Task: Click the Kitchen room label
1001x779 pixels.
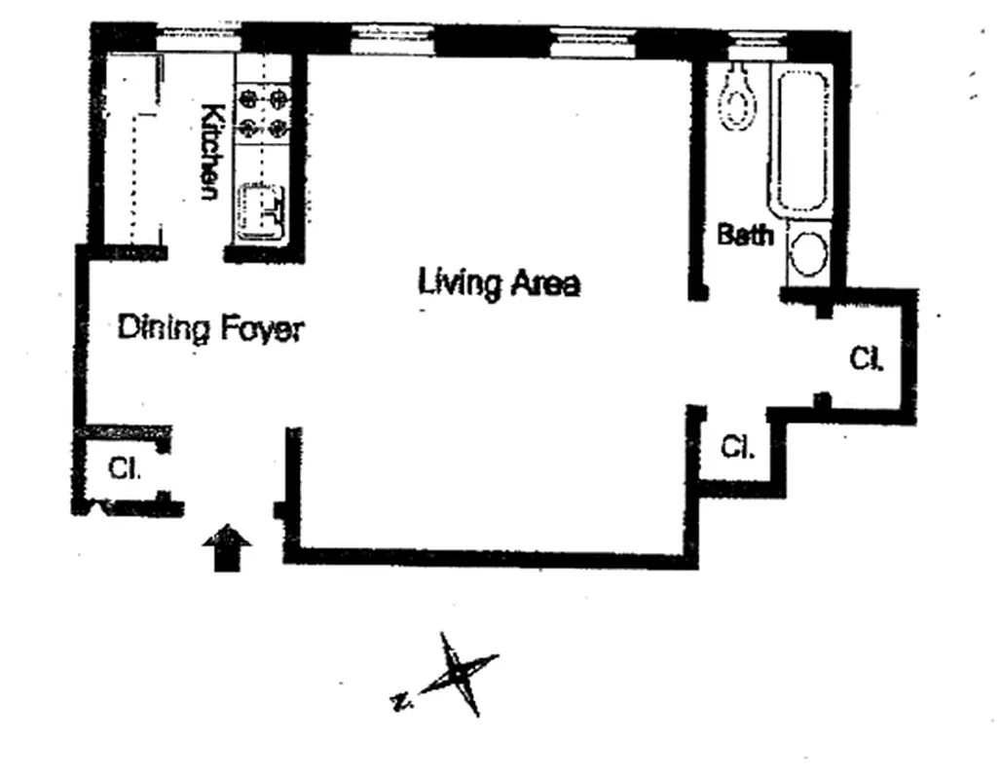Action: [x=208, y=152]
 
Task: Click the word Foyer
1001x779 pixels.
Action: [x=260, y=329]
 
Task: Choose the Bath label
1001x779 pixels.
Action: [x=745, y=235]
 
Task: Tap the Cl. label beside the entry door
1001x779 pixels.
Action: [x=124, y=468]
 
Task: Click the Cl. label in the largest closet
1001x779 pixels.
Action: [x=866, y=359]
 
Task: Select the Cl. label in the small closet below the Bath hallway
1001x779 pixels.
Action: [x=736, y=448]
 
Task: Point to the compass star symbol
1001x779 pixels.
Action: [x=456, y=674]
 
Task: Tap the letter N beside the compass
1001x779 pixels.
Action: [x=399, y=699]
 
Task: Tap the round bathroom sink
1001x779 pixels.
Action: [x=807, y=253]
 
